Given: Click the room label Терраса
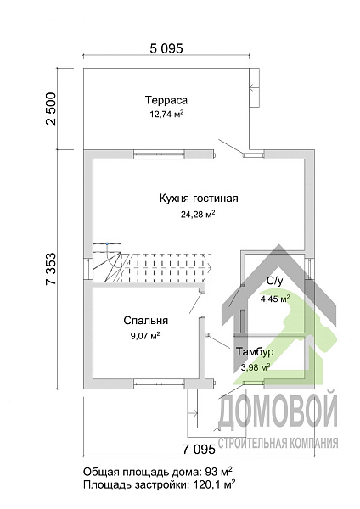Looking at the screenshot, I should pyautogui.click(x=166, y=99).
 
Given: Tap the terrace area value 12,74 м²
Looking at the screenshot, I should pyautogui.click(x=166, y=113).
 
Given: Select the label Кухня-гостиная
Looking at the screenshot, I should pyautogui.click(x=198, y=199).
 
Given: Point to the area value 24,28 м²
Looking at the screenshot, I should pyautogui.click(x=198, y=215).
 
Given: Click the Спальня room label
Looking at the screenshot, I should pyautogui.click(x=143, y=321).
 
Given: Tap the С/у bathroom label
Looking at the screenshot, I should pyautogui.click(x=274, y=281).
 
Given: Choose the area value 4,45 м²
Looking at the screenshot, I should pyautogui.click(x=274, y=299).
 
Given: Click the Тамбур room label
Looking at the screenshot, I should pyautogui.click(x=255, y=351).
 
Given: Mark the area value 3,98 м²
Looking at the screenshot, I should pyautogui.click(x=255, y=367).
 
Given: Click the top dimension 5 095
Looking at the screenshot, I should pyautogui.click(x=166, y=48).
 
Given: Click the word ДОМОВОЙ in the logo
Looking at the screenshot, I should pyautogui.click(x=278, y=414).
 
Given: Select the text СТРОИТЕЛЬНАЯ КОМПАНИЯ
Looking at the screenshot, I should pyautogui.click(x=278, y=442).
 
